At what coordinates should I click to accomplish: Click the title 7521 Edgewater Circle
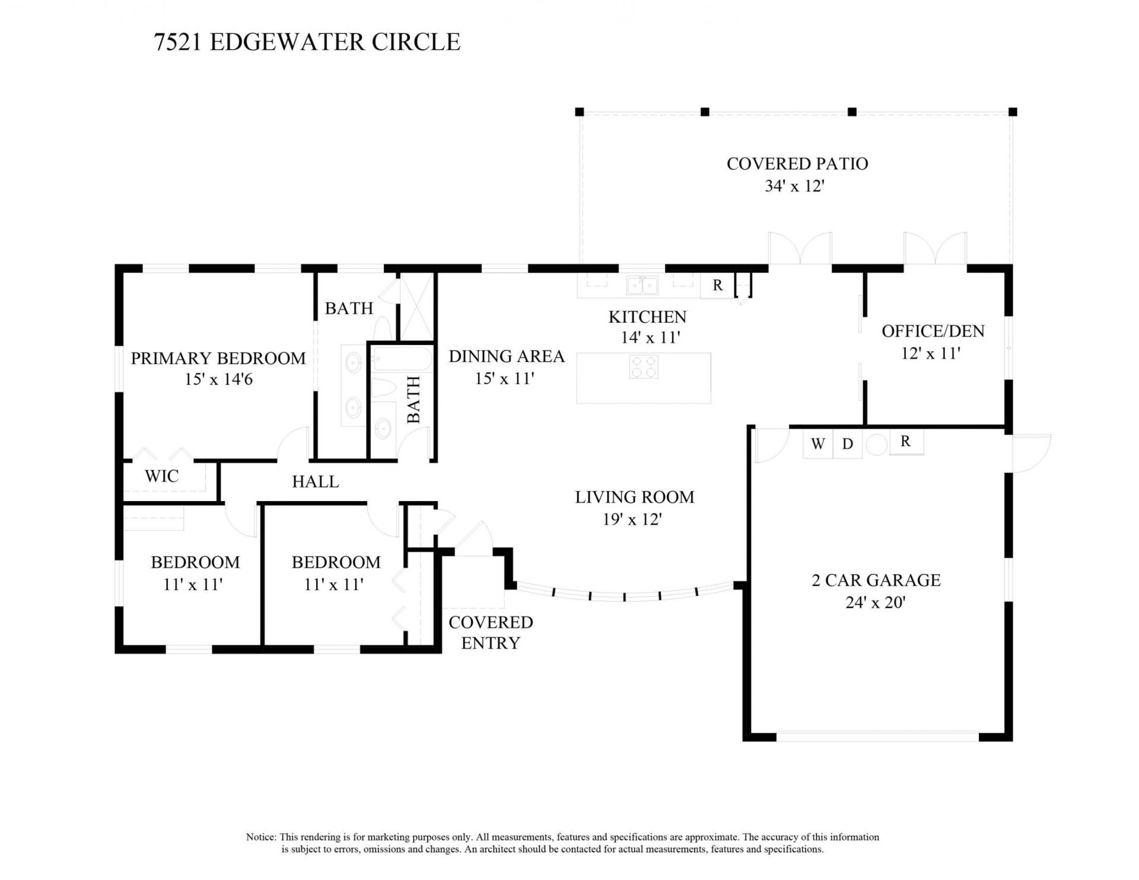(x=307, y=42)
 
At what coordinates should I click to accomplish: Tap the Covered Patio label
(x=797, y=164)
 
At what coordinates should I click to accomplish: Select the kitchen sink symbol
(x=642, y=285)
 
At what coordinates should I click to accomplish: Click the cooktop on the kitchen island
(x=644, y=366)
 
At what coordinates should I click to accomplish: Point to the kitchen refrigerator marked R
(x=717, y=285)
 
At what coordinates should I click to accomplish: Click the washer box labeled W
(x=817, y=444)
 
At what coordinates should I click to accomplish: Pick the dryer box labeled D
(x=848, y=444)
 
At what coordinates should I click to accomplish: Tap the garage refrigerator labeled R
(x=905, y=442)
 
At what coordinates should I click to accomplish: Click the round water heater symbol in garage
(x=876, y=445)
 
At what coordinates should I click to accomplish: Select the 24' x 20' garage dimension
(x=875, y=603)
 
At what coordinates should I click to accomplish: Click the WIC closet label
(x=161, y=476)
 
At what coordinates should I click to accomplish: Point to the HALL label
(x=315, y=482)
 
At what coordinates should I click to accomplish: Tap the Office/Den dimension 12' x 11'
(x=930, y=353)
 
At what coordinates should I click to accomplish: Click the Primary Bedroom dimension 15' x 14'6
(x=218, y=379)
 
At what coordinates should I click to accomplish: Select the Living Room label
(x=634, y=497)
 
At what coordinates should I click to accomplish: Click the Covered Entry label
(x=490, y=632)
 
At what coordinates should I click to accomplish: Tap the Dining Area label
(x=506, y=356)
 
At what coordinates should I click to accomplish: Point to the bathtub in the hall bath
(x=402, y=358)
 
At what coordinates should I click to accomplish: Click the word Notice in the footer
(x=260, y=837)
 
